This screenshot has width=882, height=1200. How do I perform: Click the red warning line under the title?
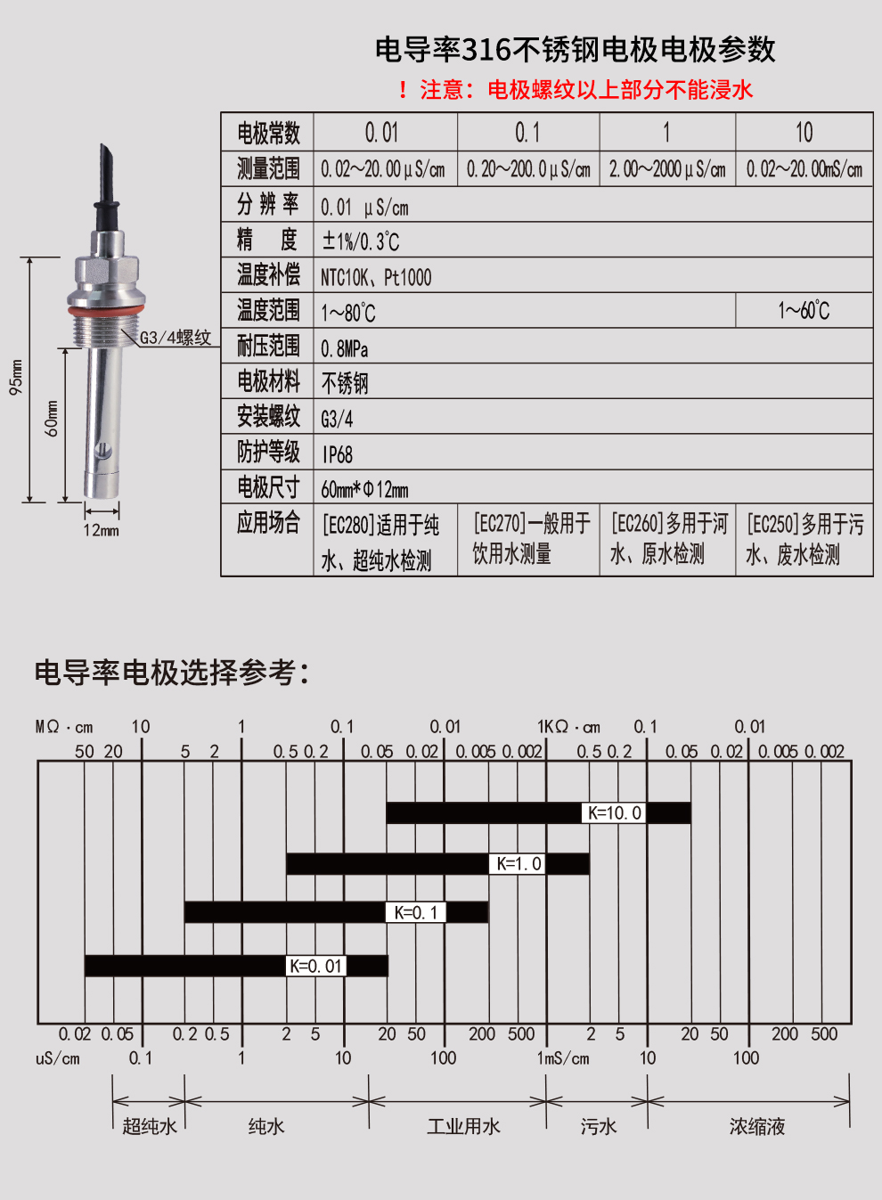576,89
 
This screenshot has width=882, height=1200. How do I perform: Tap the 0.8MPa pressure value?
345,349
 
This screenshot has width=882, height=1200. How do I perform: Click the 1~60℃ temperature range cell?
804,311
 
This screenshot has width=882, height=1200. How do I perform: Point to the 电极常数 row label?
268,133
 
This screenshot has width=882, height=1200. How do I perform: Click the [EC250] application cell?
804,540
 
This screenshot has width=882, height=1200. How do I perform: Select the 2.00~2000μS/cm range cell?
667,169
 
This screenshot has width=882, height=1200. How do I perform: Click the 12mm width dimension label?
102,530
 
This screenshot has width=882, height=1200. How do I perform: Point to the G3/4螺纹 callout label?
176,338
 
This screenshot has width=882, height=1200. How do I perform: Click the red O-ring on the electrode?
105,310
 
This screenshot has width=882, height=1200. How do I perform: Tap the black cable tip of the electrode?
105,155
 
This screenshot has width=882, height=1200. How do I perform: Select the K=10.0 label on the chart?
614,812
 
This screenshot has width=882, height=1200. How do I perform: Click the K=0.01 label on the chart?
315,966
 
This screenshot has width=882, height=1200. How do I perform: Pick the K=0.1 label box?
416,912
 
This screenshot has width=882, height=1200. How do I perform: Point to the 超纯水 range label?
150,1125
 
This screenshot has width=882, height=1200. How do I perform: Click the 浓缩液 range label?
757,1126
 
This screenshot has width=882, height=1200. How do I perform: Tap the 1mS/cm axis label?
563,1058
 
